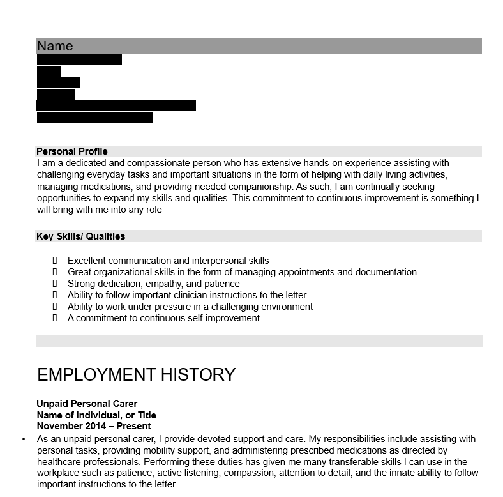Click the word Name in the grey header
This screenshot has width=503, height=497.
tap(55, 46)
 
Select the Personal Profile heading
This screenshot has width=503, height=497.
tap(71, 151)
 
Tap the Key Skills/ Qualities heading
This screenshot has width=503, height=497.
tap(80, 236)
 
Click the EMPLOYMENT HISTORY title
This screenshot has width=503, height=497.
tap(136, 374)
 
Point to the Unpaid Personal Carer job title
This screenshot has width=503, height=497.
tap(87, 404)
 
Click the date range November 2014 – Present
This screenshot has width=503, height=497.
tap(94, 426)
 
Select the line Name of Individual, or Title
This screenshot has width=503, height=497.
tap(96, 415)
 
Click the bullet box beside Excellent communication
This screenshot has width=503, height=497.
tap(55, 261)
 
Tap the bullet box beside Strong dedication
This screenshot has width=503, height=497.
tap(55, 284)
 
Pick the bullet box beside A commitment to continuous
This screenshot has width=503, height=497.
tap(55, 318)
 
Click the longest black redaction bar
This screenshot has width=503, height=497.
tap(116, 106)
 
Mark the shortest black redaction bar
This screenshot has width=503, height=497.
tap(49, 72)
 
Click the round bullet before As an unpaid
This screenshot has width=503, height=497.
tap(24, 440)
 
